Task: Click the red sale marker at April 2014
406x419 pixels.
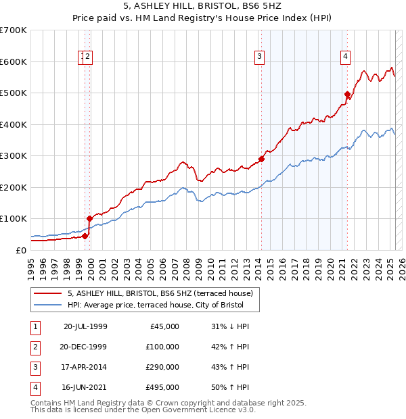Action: point(261,159)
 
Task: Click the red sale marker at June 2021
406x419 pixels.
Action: point(347,95)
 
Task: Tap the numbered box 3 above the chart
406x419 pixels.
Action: point(260,57)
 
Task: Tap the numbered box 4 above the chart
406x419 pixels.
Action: point(345,57)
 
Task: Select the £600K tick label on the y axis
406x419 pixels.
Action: point(14,61)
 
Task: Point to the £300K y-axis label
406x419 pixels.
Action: point(14,155)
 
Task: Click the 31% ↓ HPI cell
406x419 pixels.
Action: point(230,326)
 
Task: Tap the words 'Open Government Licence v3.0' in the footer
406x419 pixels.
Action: point(198,410)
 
